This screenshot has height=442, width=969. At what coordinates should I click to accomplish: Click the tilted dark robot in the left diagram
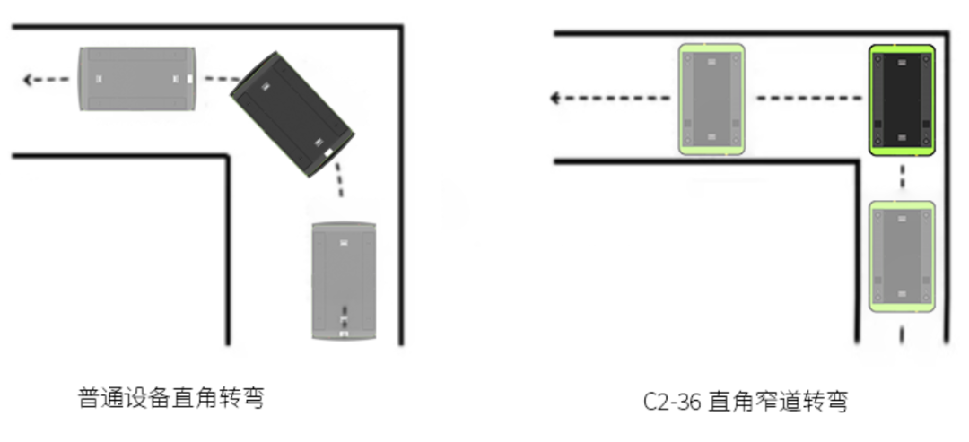292,115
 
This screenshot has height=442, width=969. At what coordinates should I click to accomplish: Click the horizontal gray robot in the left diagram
137,79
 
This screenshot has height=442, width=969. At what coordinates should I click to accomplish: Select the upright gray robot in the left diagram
344,281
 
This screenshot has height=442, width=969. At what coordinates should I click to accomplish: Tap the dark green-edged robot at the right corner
902,100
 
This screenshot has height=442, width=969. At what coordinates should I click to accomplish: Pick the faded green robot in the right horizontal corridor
711,99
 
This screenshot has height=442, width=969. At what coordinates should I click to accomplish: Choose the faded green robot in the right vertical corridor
903,256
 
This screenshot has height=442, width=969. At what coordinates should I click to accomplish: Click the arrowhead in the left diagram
28,80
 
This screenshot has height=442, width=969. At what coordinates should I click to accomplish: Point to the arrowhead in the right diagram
555,98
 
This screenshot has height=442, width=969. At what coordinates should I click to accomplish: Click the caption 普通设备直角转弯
171,398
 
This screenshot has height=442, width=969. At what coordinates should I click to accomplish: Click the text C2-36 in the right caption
672,402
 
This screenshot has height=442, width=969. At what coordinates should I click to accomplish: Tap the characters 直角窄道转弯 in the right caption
778,402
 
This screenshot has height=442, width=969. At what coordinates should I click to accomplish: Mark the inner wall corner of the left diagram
227,157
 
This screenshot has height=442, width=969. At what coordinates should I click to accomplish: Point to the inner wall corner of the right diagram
858,161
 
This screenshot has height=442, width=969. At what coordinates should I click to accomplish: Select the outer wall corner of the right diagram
947,32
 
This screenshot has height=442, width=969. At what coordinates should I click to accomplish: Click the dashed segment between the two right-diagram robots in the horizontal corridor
809,98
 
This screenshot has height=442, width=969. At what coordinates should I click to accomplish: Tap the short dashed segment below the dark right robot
903,176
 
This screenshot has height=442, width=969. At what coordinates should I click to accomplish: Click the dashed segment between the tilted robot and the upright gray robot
338,180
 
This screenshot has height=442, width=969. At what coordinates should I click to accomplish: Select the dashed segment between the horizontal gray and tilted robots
223,79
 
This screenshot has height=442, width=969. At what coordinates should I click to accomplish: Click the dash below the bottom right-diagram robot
902,334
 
